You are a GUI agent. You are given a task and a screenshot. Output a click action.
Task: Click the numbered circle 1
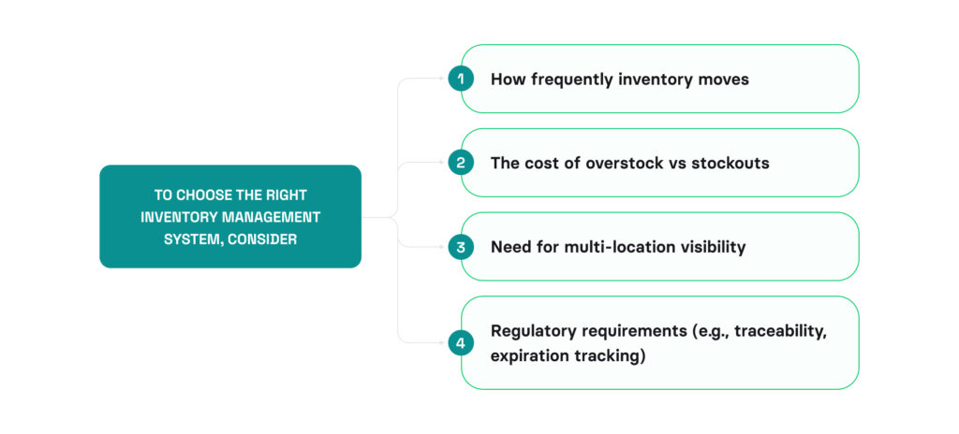(x=461, y=79)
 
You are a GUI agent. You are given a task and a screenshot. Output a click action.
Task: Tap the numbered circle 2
(x=461, y=163)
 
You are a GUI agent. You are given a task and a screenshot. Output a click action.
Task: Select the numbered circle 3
(x=461, y=247)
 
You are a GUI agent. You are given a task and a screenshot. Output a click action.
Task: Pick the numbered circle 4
(x=461, y=343)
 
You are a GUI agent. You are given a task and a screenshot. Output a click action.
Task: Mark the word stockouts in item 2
(x=730, y=163)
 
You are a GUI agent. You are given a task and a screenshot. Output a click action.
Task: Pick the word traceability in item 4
(x=777, y=331)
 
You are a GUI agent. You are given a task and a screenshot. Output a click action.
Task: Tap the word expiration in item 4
(x=529, y=355)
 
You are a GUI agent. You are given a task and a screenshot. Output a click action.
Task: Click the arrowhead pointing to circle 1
(x=443, y=79)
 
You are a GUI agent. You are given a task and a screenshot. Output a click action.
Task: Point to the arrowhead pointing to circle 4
(x=443, y=343)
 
